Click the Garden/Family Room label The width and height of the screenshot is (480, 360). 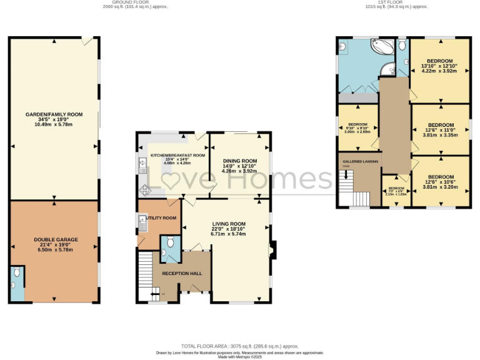pos(54,114)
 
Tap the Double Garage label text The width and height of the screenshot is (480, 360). pos(54,239)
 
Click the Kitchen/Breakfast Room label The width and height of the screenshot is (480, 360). pos(177,155)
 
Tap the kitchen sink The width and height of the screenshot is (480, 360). pos(141,166)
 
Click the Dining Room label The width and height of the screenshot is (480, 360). pos(240,161)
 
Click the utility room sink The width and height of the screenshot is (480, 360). pos(142,219)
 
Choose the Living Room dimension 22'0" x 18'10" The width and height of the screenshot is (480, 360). pos(228,229)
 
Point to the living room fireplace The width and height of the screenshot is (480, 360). pos(270,249)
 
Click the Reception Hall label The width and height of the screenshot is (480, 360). pos(182,274)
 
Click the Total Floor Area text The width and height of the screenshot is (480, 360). pos(240,346)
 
